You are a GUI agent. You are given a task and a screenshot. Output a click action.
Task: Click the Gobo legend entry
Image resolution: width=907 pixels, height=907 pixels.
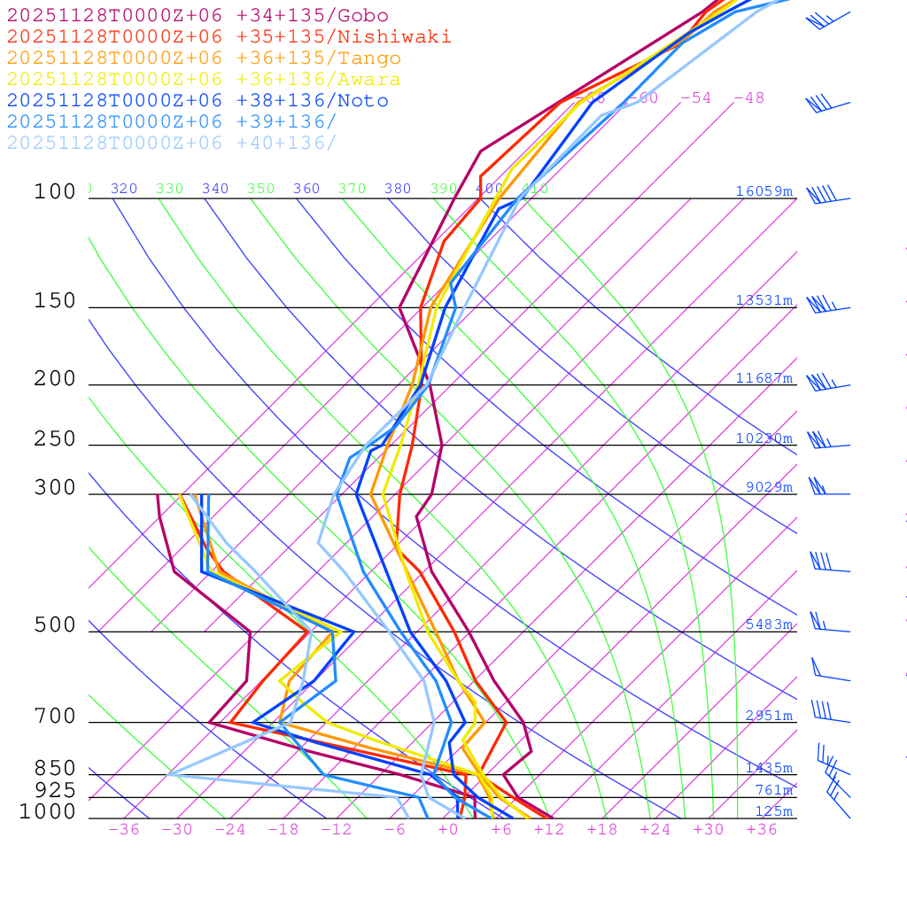point(197,15)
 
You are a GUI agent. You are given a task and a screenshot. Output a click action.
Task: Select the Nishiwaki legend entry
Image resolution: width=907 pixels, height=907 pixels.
point(229,36)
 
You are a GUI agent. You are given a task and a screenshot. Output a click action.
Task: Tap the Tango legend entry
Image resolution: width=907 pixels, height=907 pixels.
point(204,58)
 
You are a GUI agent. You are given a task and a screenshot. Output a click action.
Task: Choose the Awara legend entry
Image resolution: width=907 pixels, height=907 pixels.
point(204,80)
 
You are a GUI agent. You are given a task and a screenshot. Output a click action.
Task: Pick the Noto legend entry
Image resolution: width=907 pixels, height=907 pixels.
point(197,101)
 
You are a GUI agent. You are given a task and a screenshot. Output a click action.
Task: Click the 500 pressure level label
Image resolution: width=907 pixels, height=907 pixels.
point(55,625)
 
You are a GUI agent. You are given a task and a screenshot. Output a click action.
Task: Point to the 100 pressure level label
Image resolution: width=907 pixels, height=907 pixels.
point(55,191)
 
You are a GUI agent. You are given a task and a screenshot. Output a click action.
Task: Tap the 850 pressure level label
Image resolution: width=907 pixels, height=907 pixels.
point(55,769)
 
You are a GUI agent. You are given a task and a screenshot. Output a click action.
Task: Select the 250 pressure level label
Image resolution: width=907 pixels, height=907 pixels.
point(55,439)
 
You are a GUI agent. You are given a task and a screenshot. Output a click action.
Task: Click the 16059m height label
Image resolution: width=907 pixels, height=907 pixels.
point(764,191)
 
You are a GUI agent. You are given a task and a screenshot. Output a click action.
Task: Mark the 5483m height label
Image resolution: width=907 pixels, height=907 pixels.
point(769,624)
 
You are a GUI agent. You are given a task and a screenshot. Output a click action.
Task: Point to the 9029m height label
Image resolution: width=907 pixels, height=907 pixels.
point(769,487)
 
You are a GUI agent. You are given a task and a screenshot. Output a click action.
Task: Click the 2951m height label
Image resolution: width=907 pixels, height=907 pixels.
point(769,716)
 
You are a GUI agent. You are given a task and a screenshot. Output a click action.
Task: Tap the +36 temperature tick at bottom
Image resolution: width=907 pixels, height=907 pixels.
point(762,829)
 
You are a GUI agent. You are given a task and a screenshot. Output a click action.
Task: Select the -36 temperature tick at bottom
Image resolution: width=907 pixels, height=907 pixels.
point(124,829)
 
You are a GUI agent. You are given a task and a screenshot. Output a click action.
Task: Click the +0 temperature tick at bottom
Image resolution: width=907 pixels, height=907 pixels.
point(448,829)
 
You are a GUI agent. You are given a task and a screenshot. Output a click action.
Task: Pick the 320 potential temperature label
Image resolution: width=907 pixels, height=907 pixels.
point(124,189)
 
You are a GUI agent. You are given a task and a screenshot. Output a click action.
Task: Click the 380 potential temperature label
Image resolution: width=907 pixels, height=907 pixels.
point(398,189)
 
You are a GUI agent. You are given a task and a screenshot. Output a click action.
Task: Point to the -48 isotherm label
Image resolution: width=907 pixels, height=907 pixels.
point(748,97)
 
